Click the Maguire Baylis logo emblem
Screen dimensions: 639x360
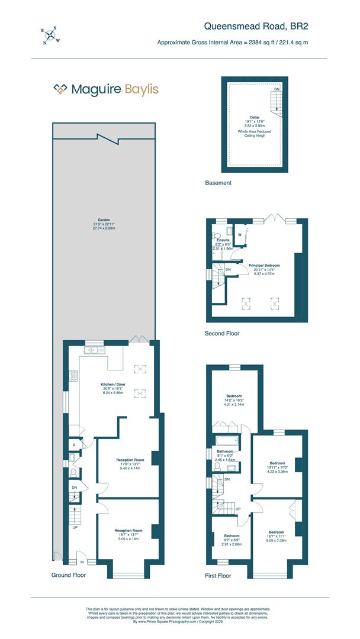click(x=60, y=89)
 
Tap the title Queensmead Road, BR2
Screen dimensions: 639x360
click(x=256, y=25)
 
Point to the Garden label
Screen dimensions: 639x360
click(x=104, y=220)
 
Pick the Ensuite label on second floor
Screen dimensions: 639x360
click(x=223, y=240)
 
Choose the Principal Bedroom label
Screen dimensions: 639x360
click(x=264, y=266)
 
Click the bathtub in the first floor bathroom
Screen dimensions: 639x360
click(x=227, y=441)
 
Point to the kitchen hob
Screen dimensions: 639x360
click(x=73, y=376)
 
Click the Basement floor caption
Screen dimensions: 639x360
click(x=218, y=183)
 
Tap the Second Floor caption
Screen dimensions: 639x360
click(x=222, y=333)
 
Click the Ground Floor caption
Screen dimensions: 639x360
click(x=69, y=575)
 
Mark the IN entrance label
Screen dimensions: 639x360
click(x=82, y=563)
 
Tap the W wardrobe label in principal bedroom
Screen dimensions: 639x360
click(x=240, y=235)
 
